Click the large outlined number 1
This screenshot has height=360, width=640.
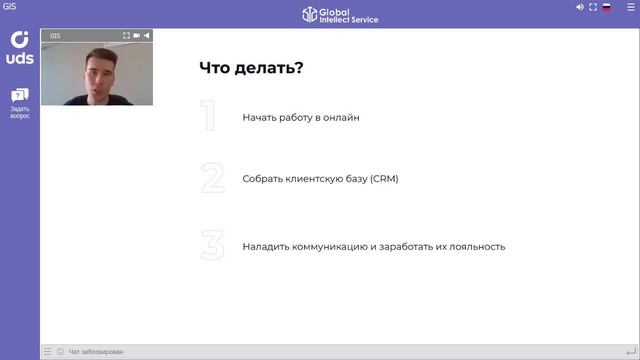coord(209,117)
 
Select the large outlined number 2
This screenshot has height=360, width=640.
coord(212,178)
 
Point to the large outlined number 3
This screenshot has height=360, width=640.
coord(212,245)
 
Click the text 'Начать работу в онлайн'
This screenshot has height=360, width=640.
coord(300,118)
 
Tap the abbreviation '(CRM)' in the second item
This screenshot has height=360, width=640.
coord(384,179)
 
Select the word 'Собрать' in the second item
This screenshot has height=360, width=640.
coord(262,179)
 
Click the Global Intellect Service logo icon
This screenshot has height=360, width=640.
coord(311,14)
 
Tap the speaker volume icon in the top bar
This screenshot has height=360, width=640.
coord(580,7)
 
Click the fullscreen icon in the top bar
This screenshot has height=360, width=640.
coord(593,7)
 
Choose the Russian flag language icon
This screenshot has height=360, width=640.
coord(606,7)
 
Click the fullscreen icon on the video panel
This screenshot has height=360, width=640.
coord(126,35)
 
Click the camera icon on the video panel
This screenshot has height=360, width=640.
coord(137,35)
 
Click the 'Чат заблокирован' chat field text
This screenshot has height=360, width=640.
coord(96,352)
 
